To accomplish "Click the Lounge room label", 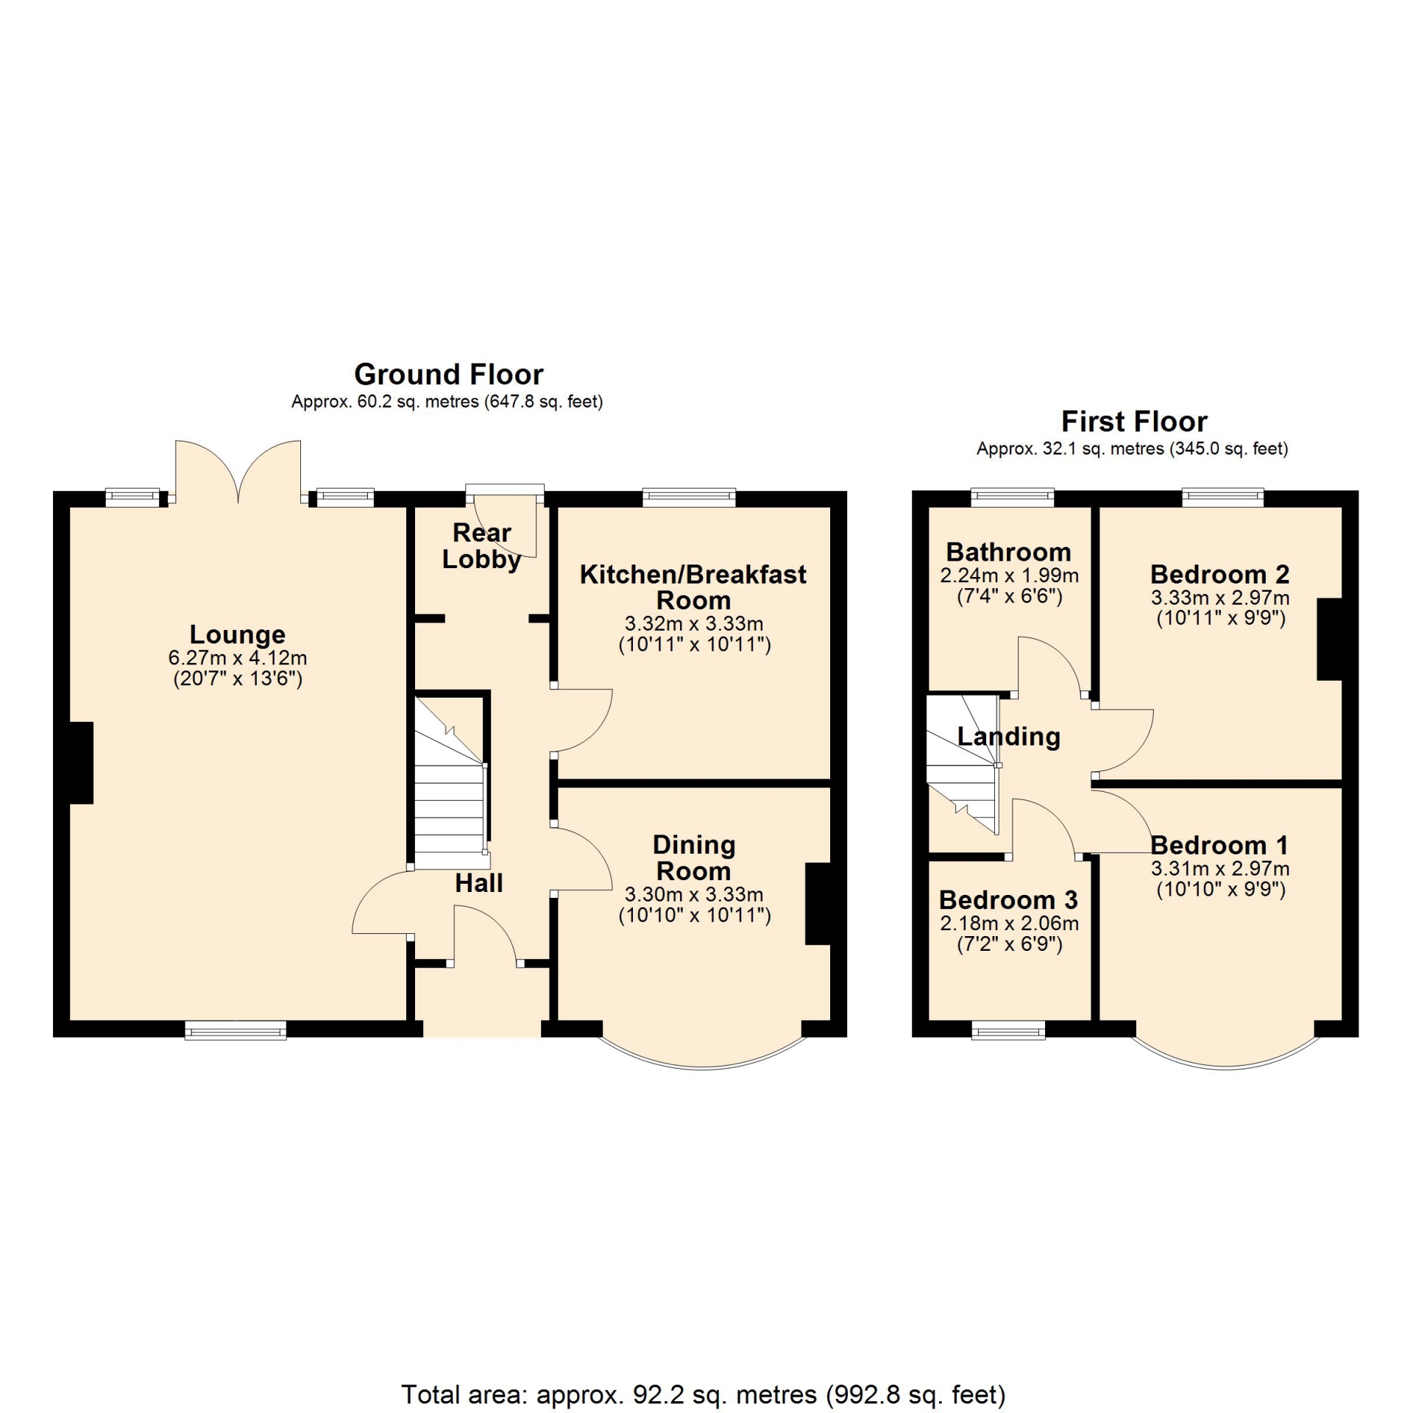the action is [237, 635].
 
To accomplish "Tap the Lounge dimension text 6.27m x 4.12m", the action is [237, 658].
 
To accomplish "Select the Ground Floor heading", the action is [449, 375].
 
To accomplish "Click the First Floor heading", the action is [1134, 422].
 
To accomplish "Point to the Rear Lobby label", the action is [482, 546].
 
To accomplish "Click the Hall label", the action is [479, 883].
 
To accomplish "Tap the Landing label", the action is [1009, 737].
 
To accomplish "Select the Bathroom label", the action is [1009, 552].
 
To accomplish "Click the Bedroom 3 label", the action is [1008, 900].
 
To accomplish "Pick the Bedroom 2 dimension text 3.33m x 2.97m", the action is [1220, 598].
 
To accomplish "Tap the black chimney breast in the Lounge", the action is [82, 762].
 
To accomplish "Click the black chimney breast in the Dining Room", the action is [818, 903].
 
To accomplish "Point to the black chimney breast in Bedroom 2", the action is [1329, 639].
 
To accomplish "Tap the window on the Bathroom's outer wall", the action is [1013, 498].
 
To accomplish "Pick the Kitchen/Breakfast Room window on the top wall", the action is [689, 497].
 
